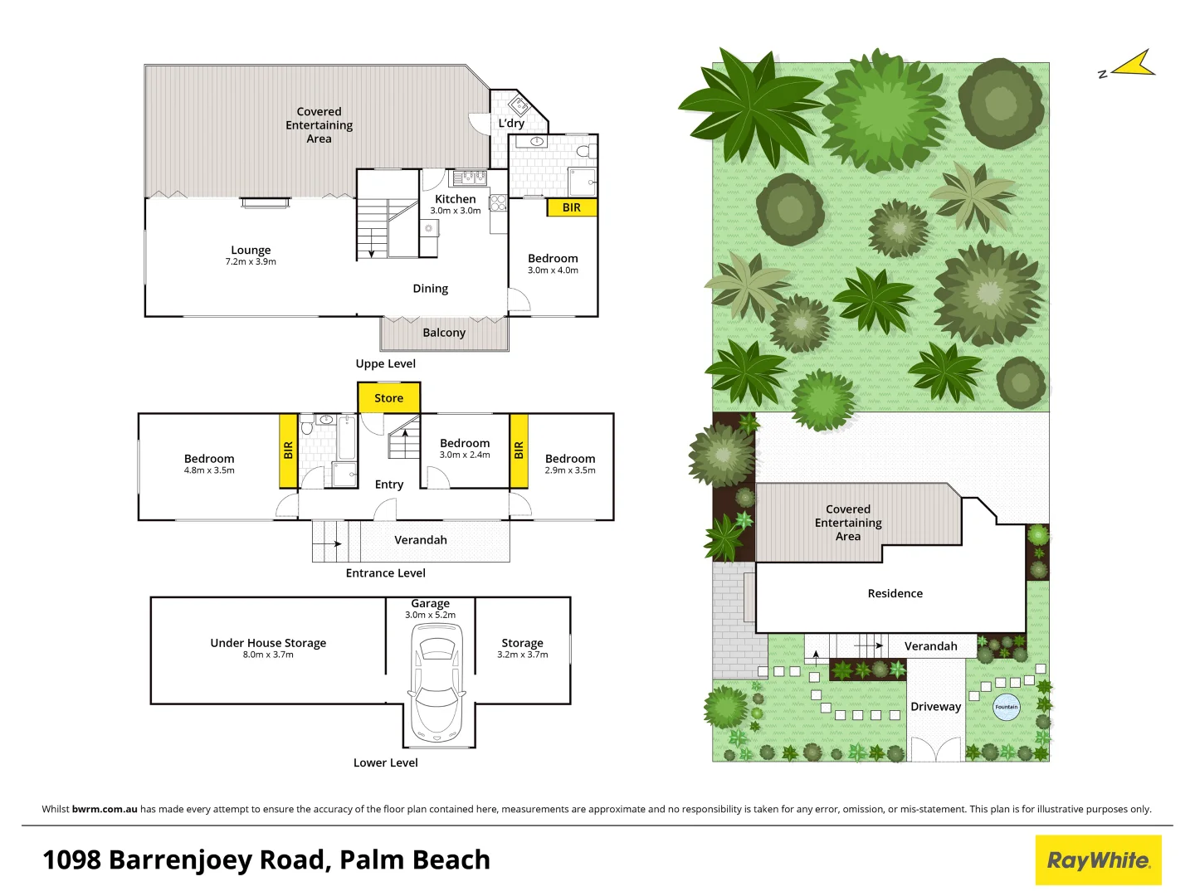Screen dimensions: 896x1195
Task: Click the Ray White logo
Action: pyautogui.click(x=1098, y=860)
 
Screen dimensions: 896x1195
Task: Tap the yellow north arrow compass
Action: pyautogui.click(x=1134, y=65)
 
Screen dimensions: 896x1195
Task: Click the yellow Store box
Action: pyautogui.click(x=388, y=397)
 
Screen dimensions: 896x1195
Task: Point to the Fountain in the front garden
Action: pyautogui.click(x=1006, y=707)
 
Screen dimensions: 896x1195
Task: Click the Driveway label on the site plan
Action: pyautogui.click(x=935, y=707)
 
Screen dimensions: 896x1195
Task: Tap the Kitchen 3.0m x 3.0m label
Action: pyautogui.click(x=455, y=204)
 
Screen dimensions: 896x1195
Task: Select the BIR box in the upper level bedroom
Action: pyautogui.click(x=572, y=207)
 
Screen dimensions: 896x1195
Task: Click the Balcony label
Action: pyautogui.click(x=444, y=333)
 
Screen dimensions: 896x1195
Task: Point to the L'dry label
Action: pyautogui.click(x=511, y=123)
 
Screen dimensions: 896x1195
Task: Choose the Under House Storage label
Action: pyautogui.click(x=268, y=643)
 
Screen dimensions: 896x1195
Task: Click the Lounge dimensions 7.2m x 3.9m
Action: pyautogui.click(x=251, y=261)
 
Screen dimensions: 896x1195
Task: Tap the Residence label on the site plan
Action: pyautogui.click(x=895, y=593)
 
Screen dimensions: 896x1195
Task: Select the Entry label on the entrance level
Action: pyautogui.click(x=388, y=485)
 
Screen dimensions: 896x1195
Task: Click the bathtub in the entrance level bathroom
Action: pyautogui.click(x=347, y=437)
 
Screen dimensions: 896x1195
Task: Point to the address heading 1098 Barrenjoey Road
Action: pyautogui.click(x=266, y=859)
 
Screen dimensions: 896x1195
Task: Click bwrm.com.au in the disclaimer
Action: pyautogui.click(x=105, y=809)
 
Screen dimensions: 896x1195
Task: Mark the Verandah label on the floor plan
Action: pyautogui.click(x=420, y=540)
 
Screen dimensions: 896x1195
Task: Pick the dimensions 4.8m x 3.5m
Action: pyautogui.click(x=209, y=470)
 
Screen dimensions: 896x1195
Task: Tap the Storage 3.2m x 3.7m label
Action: pyautogui.click(x=522, y=648)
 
